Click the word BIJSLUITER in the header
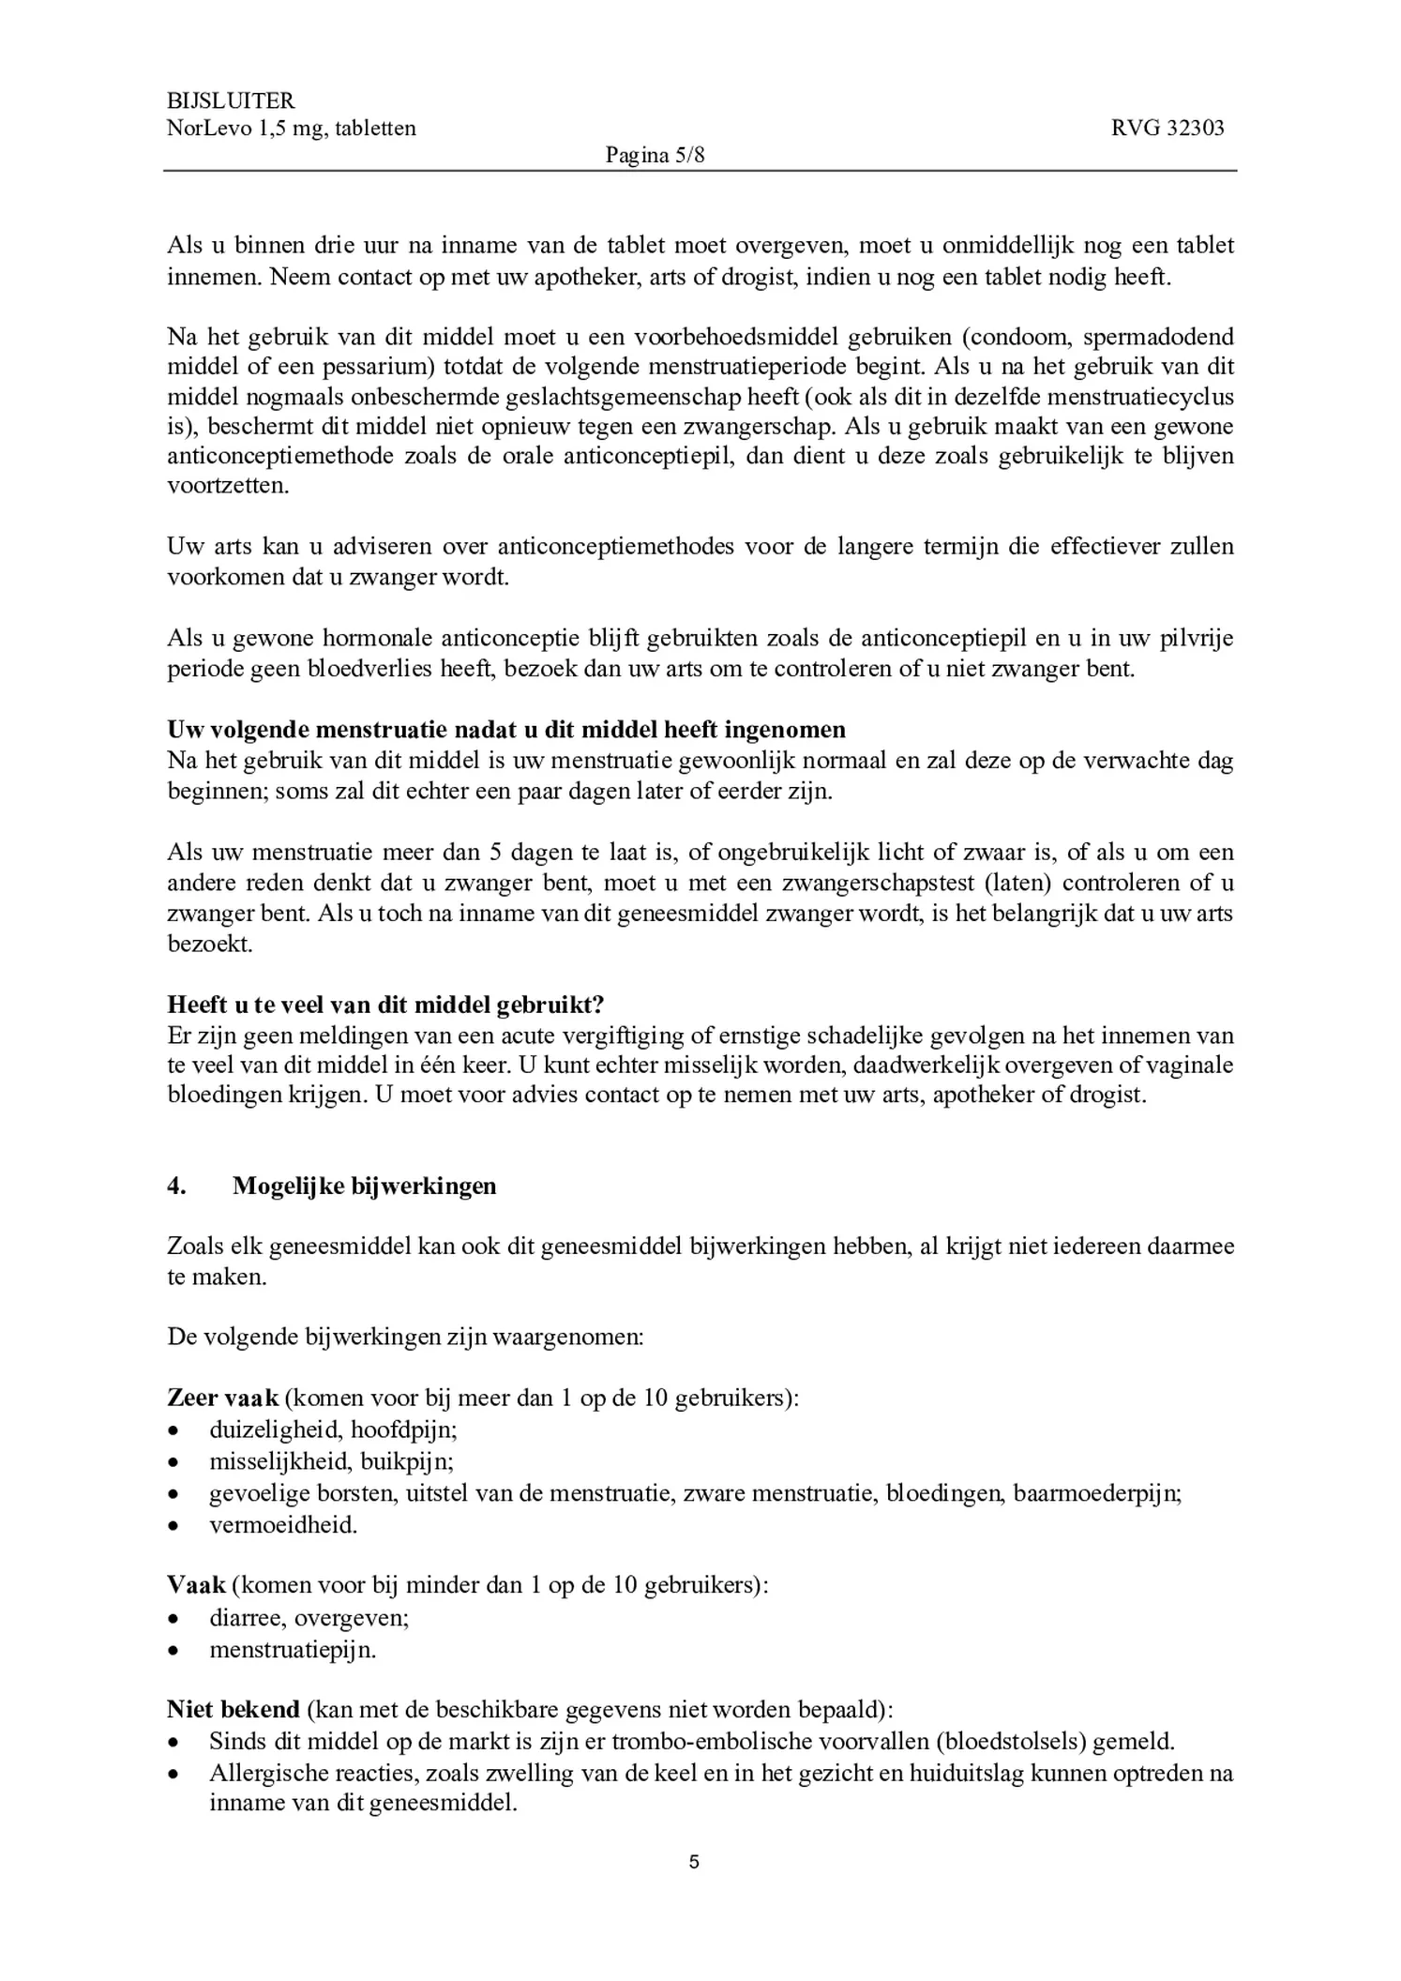coord(231,100)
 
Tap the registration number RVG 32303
coord(1167,129)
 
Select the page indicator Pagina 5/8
coord(655,156)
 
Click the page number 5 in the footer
coord(694,1862)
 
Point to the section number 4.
coord(176,1186)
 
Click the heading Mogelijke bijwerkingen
coord(365,1186)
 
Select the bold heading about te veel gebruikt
coord(385,1005)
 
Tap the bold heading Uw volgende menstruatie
coord(506,730)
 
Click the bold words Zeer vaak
coord(223,1398)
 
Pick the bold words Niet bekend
coord(233,1709)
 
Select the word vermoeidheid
coord(283,1525)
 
